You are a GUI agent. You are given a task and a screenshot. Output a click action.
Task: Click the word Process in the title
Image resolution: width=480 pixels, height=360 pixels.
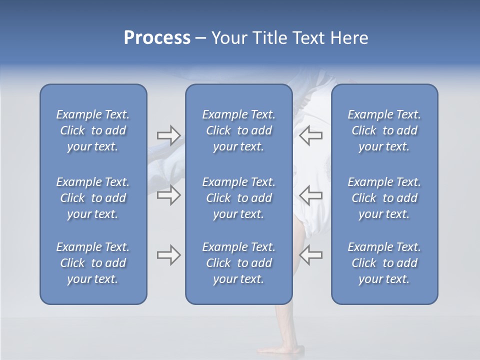point(157,38)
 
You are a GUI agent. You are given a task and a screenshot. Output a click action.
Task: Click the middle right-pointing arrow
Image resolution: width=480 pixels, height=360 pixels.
point(168,195)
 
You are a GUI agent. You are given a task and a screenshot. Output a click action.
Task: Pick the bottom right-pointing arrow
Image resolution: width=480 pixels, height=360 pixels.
point(168,255)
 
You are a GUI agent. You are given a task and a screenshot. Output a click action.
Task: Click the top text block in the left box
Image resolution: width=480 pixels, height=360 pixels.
point(93,130)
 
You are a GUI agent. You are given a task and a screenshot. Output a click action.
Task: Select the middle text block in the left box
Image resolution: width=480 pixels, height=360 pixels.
point(93,198)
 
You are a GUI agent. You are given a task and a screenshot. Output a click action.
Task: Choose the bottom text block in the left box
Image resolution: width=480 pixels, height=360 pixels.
point(93,263)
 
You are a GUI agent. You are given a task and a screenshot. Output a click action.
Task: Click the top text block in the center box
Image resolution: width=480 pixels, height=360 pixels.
point(238,130)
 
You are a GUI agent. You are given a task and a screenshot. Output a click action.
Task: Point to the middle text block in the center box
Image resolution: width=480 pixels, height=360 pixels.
point(238,198)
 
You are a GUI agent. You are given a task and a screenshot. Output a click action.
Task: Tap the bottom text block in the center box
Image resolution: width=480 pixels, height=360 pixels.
point(238,263)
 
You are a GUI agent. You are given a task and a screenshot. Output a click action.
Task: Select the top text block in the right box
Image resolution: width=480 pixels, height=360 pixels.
point(384,130)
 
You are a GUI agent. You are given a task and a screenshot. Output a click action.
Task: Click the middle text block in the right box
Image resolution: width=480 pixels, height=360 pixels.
point(384,198)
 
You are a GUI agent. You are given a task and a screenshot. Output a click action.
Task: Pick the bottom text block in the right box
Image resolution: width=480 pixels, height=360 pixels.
point(384,263)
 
